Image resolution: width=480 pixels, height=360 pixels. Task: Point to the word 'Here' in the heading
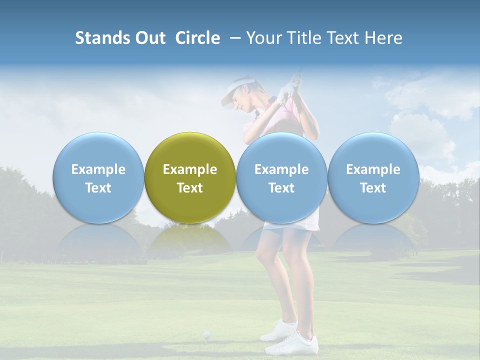click(x=383, y=38)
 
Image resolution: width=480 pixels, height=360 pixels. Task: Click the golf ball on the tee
click(x=206, y=334)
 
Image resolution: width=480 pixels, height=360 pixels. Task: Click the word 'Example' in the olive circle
click(x=190, y=169)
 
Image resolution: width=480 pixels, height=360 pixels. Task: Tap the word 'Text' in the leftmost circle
click(x=98, y=188)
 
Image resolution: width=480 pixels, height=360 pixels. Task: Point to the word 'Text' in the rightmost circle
click(x=373, y=188)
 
